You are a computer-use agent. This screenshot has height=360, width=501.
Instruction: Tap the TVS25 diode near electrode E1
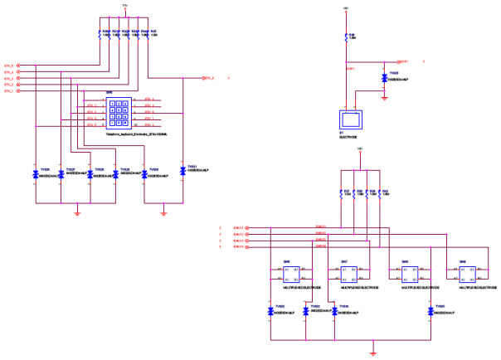(x=384, y=75)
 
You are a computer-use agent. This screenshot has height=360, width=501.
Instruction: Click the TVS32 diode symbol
(x=271, y=311)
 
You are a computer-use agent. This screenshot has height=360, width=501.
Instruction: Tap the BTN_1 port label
(x=10, y=91)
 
